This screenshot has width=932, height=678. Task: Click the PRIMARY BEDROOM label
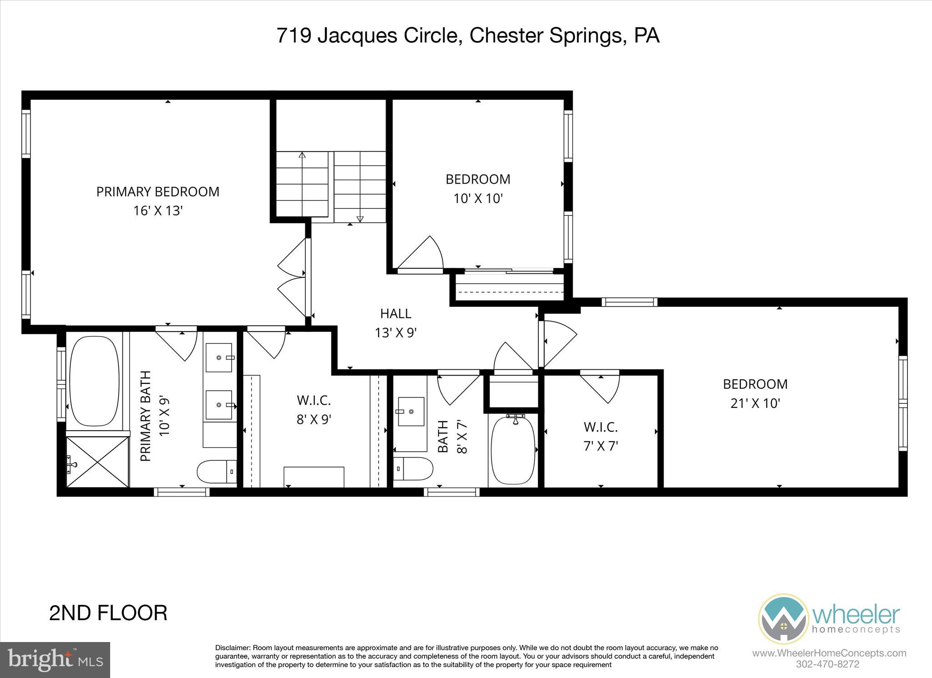[x=157, y=192]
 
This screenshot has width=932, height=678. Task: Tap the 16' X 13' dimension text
[x=157, y=211]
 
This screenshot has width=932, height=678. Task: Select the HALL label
[x=395, y=314]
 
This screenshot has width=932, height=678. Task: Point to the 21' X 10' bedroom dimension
[x=755, y=403]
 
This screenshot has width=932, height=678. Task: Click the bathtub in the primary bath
[x=94, y=381]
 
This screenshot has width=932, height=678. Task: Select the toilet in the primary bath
[x=216, y=472]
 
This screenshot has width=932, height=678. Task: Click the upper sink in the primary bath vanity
[x=220, y=358]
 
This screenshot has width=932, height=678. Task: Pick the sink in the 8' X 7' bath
[x=411, y=412]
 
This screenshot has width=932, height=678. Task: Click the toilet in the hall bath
[x=412, y=469]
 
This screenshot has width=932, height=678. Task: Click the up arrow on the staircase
[x=302, y=156]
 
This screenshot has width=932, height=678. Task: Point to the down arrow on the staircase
[x=360, y=218]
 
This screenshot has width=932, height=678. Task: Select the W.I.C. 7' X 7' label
[x=600, y=436]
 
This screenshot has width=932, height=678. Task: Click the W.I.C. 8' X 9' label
[x=314, y=409]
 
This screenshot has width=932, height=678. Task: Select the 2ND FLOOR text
[x=108, y=613]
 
